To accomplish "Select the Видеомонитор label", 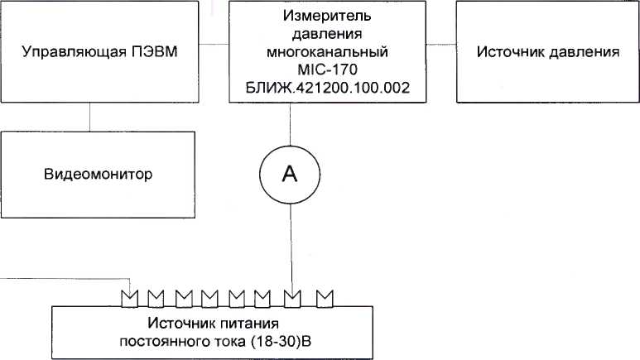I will [99, 175].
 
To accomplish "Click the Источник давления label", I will [548, 52].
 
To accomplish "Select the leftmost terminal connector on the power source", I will [128, 295].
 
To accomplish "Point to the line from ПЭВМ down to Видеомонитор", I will [90, 117].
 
